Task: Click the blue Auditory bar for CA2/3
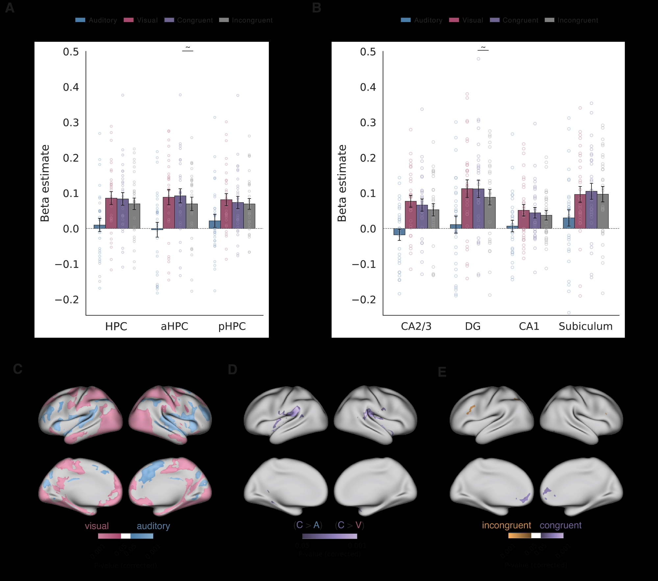click(x=399, y=232)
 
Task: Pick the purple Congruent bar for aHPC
click(x=180, y=212)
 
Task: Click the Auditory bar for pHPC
click(x=215, y=225)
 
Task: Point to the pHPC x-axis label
click(x=232, y=326)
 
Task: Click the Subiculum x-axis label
click(x=585, y=326)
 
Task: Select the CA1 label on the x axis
click(x=529, y=326)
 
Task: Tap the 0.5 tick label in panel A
click(x=71, y=52)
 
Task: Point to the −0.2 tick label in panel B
click(x=364, y=300)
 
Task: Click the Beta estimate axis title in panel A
click(x=45, y=183)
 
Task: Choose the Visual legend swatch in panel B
click(x=454, y=20)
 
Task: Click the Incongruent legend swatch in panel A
click(x=224, y=20)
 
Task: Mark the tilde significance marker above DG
click(x=483, y=48)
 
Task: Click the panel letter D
click(x=233, y=370)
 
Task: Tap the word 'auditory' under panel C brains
click(x=153, y=526)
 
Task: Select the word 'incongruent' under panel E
click(x=506, y=525)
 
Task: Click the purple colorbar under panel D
click(x=330, y=536)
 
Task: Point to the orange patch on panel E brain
click(x=471, y=409)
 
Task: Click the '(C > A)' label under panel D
click(x=308, y=525)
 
